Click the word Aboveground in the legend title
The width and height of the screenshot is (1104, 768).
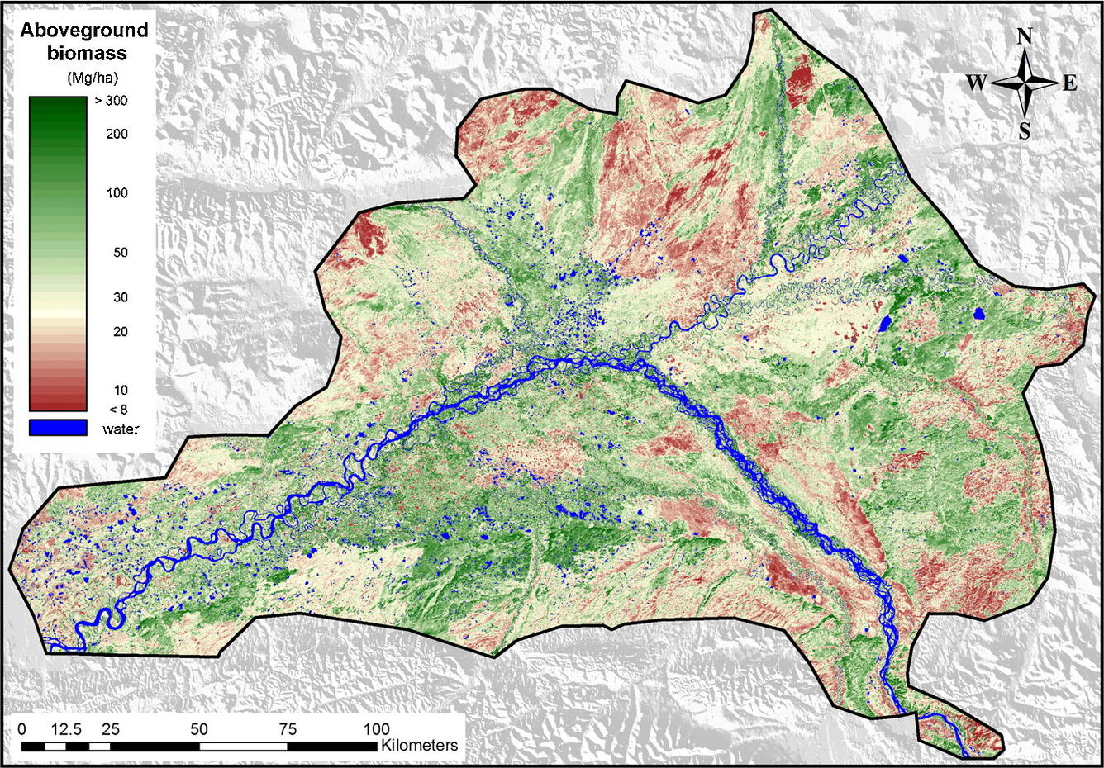click(x=84, y=31)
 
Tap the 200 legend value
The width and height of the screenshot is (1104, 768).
click(x=117, y=134)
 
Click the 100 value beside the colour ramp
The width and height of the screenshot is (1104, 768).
click(x=117, y=193)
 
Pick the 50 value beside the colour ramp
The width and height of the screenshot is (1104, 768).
click(x=120, y=253)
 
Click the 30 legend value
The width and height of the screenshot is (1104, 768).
click(x=120, y=297)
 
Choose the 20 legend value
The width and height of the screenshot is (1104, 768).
click(x=120, y=332)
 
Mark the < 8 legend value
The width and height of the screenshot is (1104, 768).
click(x=119, y=410)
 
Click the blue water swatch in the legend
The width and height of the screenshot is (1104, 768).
click(x=58, y=428)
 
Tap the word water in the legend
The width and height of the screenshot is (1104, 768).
click(x=121, y=429)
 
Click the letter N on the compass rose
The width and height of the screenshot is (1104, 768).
click(x=1024, y=36)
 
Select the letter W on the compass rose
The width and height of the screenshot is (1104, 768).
click(x=976, y=83)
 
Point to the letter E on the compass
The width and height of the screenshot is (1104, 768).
click(x=1069, y=83)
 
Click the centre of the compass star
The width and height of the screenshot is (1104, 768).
click(x=1024, y=83)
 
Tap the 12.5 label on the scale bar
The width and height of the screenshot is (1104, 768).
click(x=65, y=729)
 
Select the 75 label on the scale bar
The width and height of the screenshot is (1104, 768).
click(x=287, y=729)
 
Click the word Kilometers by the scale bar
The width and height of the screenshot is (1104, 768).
click(x=419, y=745)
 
